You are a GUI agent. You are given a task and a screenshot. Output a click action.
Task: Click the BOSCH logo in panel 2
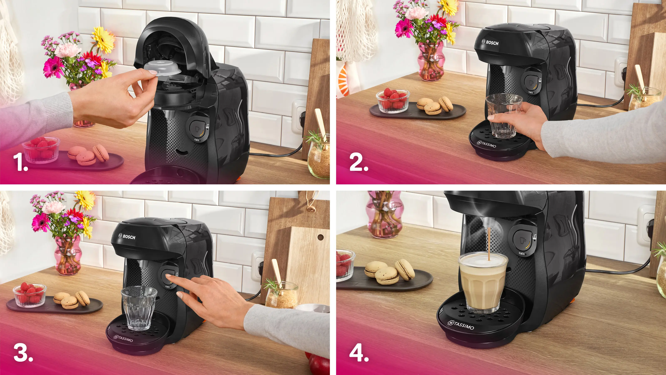[x=490, y=42]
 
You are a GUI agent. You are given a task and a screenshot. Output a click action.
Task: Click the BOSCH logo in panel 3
[x=127, y=236]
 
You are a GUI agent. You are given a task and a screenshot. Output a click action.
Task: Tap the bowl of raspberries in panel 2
[x=393, y=101]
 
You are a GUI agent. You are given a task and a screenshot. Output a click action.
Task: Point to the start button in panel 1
[x=197, y=127]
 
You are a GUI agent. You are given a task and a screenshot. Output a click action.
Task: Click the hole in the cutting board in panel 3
[x=321, y=237]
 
